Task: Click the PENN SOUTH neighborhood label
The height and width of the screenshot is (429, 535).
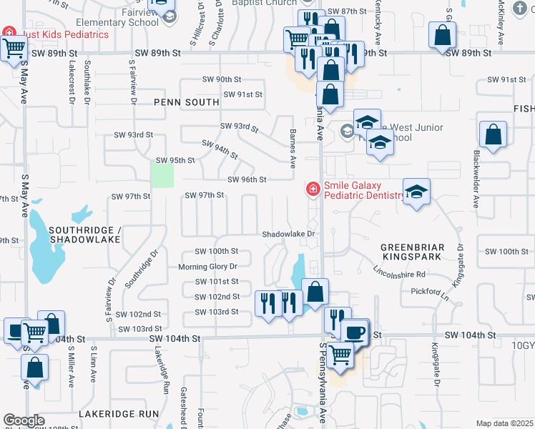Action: point(187,102)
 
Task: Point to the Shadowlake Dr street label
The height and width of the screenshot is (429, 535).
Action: point(288,234)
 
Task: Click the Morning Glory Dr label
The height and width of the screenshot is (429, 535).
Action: point(207,267)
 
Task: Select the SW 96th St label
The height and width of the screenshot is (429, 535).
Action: point(247,179)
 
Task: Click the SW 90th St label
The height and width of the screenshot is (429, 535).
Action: point(222,79)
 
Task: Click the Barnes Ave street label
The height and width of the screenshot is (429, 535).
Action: point(293,149)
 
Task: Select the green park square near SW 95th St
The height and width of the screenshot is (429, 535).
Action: point(162,175)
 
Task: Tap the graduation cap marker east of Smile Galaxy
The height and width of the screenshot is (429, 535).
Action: point(416,192)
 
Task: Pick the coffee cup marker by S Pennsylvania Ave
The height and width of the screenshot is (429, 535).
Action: point(353,332)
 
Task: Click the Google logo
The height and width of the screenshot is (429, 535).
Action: point(24,420)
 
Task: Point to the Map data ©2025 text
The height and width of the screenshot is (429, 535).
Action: point(504,423)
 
